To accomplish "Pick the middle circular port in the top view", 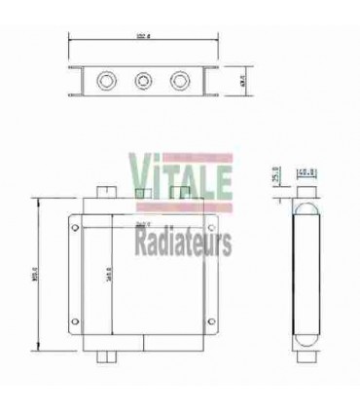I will point(142,79).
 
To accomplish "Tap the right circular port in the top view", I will point(180,79).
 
